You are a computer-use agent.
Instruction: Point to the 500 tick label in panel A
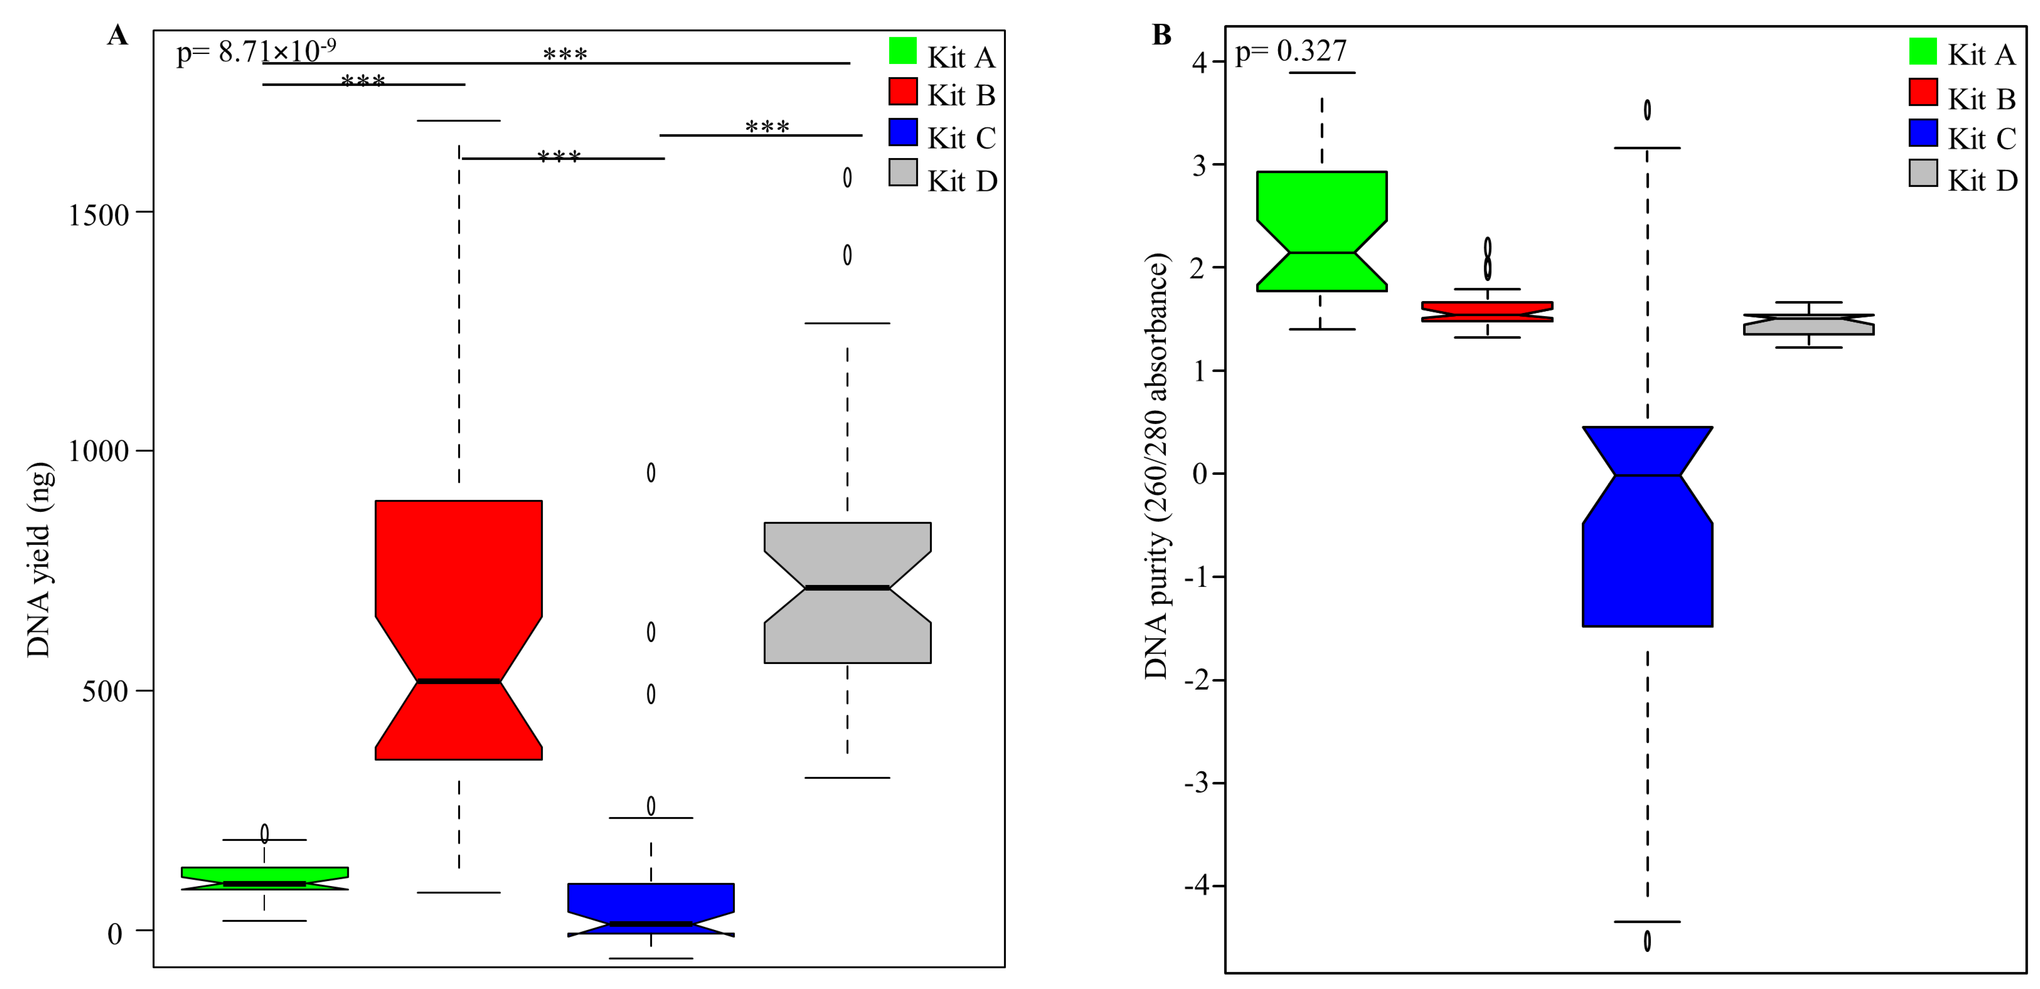pyautogui.click(x=105, y=691)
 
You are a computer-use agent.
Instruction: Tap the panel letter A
pyautogui.click(x=117, y=36)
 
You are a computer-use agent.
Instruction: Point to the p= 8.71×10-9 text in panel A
pyautogui.click(x=255, y=51)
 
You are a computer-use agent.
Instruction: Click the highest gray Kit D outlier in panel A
pyautogui.click(x=847, y=177)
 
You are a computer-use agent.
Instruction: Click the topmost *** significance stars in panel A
pyautogui.click(x=565, y=54)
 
